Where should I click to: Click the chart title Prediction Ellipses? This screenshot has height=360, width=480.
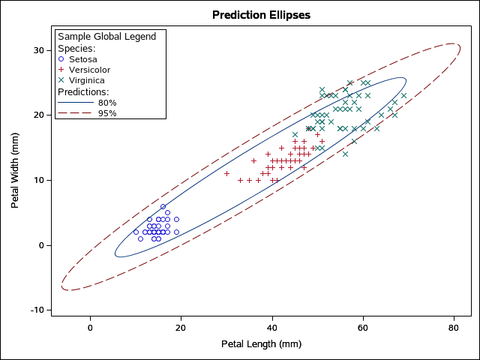(x=261, y=15)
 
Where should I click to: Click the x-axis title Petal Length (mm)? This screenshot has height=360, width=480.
(x=261, y=344)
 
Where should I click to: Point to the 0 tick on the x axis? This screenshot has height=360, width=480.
(x=90, y=328)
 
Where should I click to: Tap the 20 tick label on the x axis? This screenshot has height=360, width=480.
(x=181, y=328)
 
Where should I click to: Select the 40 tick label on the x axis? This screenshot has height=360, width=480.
(x=271, y=328)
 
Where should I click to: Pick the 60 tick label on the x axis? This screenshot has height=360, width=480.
(x=362, y=328)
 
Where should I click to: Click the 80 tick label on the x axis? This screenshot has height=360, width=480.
(x=453, y=328)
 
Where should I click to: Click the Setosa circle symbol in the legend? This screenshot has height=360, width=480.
(x=61, y=58)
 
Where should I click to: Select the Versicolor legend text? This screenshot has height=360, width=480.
(x=92, y=69)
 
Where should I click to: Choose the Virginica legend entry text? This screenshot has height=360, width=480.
(x=87, y=80)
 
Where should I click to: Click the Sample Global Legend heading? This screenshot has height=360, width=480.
(x=107, y=36)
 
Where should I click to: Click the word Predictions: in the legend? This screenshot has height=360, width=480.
(x=84, y=91)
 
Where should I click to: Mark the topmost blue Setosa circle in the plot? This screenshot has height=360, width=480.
(x=163, y=206)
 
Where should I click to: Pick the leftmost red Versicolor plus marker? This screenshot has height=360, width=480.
(x=226, y=173)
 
